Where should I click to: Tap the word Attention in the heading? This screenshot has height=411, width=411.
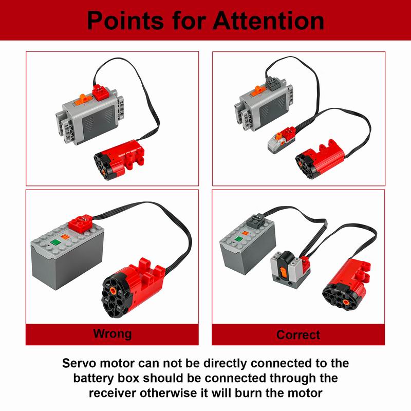(268, 20)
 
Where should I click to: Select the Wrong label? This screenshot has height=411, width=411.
(112, 333)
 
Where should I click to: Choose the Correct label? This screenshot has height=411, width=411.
(298, 334)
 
